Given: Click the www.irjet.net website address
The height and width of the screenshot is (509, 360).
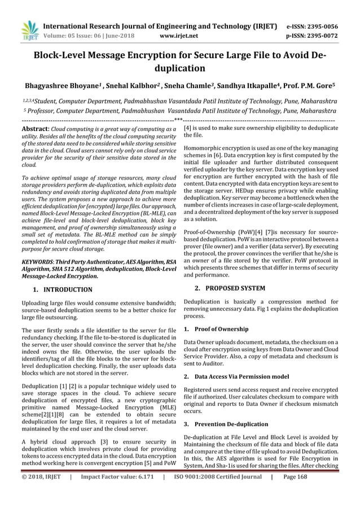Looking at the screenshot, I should pos(179,35).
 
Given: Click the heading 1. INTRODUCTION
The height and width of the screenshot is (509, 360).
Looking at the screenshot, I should pos(63,289).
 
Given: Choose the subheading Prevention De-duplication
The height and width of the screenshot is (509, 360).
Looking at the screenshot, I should pos(231,423).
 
